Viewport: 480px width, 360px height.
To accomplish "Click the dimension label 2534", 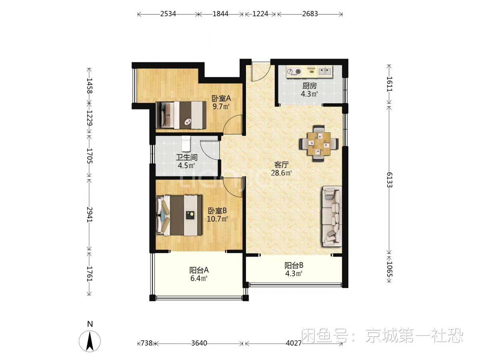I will click(169, 14).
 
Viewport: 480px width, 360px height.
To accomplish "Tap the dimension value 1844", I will click(220, 14).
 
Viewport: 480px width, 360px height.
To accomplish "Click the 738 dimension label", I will click(146, 343).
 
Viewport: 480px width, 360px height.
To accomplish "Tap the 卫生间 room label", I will click(186, 158).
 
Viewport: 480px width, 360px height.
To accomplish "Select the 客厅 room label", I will click(282, 165).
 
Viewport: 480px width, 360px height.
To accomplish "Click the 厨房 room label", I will click(310, 86).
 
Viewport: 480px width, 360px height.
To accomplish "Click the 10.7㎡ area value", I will click(218, 219).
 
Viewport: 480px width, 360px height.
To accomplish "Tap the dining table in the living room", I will click(319, 143).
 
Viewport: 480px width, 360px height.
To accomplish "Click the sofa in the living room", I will click(331, 216).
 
